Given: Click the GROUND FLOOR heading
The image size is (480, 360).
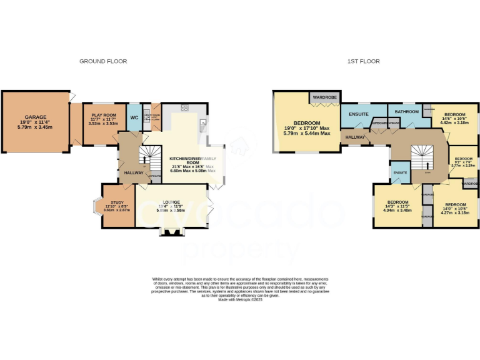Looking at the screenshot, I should pyautogui.click(x=103, y=61).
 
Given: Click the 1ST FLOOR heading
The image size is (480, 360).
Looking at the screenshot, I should pyautogui.click(x=364, y=61).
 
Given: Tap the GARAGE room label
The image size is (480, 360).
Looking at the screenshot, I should pyautogui.click(x=36, y=117).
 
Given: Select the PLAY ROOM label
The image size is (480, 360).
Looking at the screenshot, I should pyautogui.click(x=103, y=115).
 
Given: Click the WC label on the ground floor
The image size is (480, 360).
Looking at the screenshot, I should pyautogui.click(x=134, y=117).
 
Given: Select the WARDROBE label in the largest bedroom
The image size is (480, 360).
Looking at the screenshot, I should pyautogui.click(x=325, y=98).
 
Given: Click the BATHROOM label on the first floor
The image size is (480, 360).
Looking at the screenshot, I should pyautogui.click(x=406, y=111).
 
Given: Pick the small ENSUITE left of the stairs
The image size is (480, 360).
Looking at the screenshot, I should pyautogui.click(x=399, y=172).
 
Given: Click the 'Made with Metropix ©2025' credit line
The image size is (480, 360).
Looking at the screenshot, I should pyautogui.click(x=240, y=299).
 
